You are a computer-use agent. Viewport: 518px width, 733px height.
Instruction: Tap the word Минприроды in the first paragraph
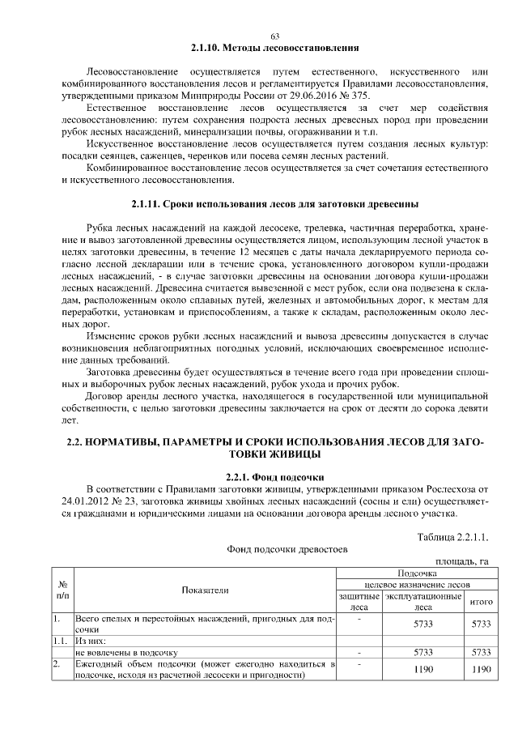(x=203, y=95)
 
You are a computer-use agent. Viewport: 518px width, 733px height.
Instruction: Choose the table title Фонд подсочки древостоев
(x=287, y=548)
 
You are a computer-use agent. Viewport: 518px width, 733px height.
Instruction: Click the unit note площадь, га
(x=462, y=560)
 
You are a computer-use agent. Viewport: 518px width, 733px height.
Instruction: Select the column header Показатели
(x=205, y=590)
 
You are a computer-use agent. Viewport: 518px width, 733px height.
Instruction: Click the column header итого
(x=482, y=602)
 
